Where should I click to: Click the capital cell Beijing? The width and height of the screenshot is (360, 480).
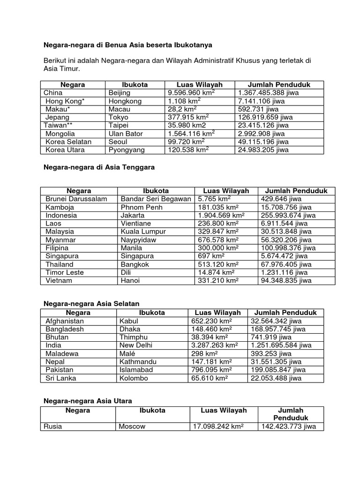coord(120,93)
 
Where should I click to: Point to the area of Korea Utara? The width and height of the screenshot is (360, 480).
coord(188,150)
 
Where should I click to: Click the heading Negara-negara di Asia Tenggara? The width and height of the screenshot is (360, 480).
coord(99,167)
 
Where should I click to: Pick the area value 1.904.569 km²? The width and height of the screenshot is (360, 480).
coord(219,215)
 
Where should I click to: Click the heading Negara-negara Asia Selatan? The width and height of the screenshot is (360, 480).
coord(91,304)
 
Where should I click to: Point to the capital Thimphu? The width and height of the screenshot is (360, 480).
coord(134,337)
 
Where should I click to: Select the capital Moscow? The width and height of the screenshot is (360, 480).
coord(132,427)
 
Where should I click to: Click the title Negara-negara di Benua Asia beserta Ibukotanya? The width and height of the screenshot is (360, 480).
coord(128,45)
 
